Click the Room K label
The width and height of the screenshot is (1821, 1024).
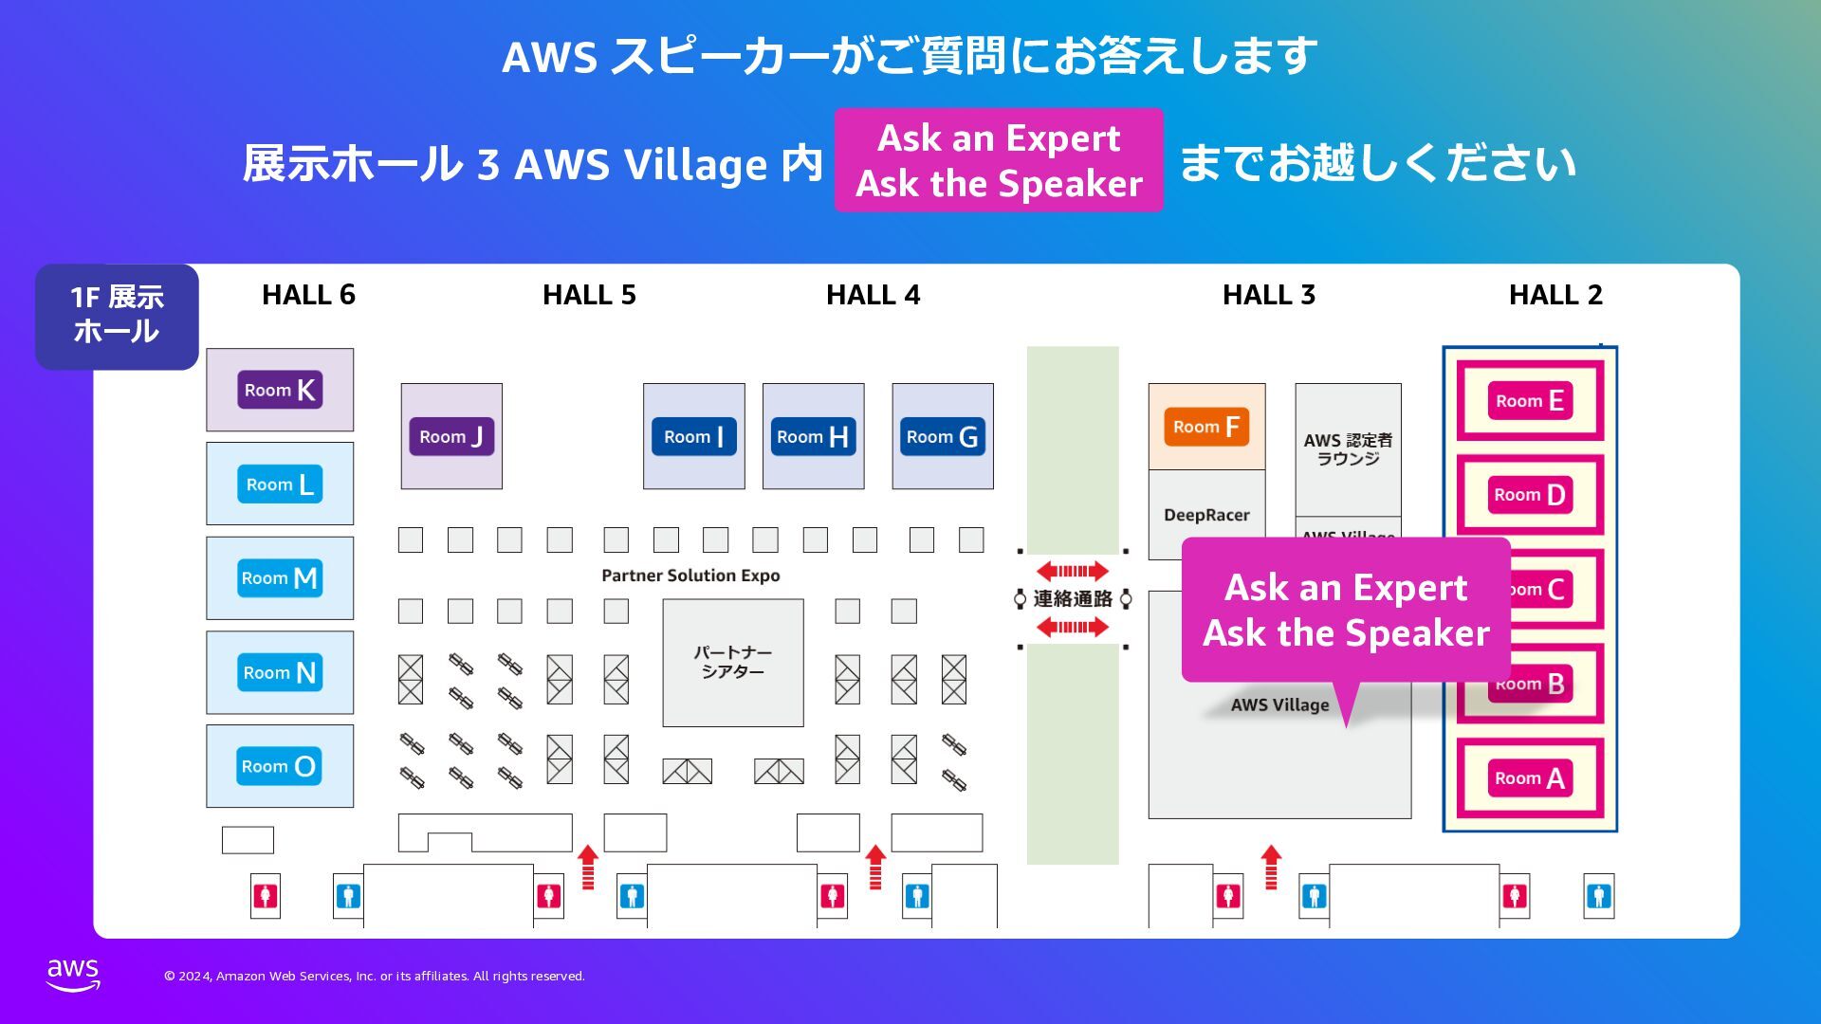(280, 390)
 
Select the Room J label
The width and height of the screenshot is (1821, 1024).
(451, 436)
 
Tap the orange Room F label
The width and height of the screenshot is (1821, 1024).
(1206, 427)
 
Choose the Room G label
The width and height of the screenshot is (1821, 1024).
(942, 436)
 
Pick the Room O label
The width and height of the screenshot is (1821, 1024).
(279, 766)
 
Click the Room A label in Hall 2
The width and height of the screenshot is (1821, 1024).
(1529, 778)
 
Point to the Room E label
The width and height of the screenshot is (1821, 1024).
(1529, 400)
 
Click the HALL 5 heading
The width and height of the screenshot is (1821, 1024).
(589, 295)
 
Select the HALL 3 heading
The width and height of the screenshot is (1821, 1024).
(1269, 295)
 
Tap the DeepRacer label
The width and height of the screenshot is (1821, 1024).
(1206, 515)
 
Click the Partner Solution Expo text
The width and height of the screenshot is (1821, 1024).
(690, 576)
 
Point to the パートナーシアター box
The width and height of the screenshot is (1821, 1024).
(732, 662)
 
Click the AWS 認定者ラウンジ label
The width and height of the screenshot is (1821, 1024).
(1348, 449)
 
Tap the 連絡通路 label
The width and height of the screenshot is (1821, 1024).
(1073, 598)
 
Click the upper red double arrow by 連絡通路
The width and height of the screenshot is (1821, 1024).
(1072, 571)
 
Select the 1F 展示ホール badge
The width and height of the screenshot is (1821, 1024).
(117, 315)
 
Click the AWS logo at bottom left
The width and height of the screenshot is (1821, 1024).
(73, 974)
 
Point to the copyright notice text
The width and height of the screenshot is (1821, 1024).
(375, 976)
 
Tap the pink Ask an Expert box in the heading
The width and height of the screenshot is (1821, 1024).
(999, 160)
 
